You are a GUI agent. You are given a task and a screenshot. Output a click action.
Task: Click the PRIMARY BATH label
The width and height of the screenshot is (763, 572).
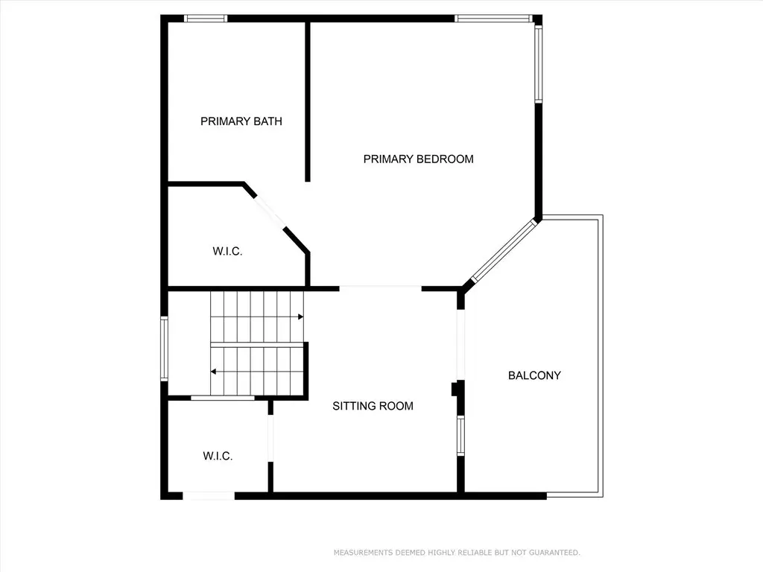[241, 121]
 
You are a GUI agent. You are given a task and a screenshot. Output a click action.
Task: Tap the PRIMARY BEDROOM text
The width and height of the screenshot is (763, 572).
[419, 159]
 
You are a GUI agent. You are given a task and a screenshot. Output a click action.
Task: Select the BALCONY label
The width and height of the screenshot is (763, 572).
[534, 375]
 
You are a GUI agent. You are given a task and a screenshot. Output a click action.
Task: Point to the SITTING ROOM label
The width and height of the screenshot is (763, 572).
[373, 406]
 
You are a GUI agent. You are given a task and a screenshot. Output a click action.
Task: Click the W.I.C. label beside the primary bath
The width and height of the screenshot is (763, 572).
[227, 252]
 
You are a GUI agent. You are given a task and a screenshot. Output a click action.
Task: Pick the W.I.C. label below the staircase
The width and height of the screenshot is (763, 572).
[218, 457]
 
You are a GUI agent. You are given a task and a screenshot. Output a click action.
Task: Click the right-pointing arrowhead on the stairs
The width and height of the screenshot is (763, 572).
[301, 317]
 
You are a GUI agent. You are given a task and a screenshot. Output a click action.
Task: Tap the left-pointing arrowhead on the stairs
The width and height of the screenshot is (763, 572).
[213, 372]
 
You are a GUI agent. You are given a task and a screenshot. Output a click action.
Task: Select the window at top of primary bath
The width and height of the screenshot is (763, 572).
[206, 19]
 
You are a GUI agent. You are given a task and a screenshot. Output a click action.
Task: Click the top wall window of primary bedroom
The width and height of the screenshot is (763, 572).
[493, 19]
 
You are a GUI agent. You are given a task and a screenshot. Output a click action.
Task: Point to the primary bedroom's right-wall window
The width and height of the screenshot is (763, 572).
[539, 64]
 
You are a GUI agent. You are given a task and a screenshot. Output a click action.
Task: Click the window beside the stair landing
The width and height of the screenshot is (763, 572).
[165, 349]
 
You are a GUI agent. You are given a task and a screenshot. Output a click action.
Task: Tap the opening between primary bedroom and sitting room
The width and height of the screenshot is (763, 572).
[380, 289]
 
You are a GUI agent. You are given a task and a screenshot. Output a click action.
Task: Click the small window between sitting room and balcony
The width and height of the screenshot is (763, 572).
[460, 435]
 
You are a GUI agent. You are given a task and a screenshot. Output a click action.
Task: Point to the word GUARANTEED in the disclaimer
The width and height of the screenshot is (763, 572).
[554, 553]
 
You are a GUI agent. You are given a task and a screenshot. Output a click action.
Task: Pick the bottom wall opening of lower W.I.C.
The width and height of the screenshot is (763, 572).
[209, 496]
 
